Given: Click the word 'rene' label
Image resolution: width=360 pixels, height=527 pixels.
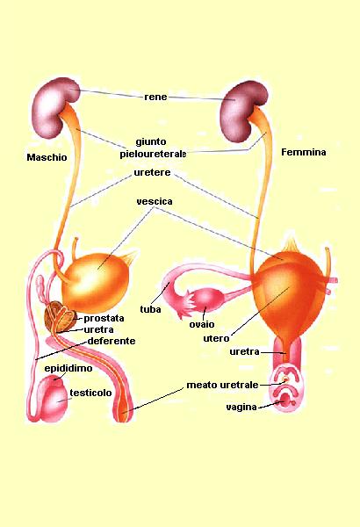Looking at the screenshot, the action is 155,97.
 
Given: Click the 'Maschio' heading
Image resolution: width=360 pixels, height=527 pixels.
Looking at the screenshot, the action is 47,157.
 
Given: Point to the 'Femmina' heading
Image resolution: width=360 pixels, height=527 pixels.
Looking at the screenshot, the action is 304,152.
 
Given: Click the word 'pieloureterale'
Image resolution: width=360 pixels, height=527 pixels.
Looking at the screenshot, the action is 153,155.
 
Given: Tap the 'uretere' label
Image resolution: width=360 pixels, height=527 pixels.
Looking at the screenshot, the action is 152,173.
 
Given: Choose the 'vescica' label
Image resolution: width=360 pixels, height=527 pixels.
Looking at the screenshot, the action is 155,202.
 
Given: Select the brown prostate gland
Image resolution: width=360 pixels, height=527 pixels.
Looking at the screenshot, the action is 61,317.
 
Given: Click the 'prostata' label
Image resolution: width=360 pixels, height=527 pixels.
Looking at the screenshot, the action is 104,318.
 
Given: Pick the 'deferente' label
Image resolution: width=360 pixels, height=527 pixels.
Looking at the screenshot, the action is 112,341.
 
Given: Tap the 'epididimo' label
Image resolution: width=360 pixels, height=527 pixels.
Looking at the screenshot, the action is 68,369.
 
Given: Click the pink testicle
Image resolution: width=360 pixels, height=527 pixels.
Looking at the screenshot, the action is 54,399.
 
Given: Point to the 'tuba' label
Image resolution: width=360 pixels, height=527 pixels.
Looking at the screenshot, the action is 150,309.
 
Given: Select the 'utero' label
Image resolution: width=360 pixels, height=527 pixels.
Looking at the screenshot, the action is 216,338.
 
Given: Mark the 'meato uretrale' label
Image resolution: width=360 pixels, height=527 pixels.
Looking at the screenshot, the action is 222,385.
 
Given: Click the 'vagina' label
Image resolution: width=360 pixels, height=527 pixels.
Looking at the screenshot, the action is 241,408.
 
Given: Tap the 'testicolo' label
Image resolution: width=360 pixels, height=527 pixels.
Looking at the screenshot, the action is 90,393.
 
